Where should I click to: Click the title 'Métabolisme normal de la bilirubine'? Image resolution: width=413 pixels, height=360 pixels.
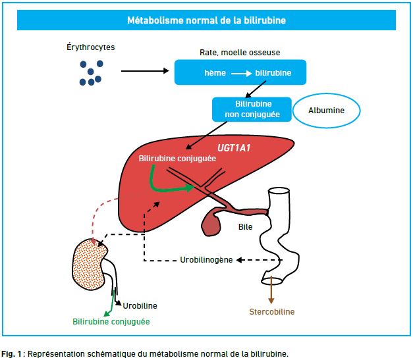tap(207, 20)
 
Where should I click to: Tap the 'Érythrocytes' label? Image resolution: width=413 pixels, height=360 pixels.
tap(91, 47)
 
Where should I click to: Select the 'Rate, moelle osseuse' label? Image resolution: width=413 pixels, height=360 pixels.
tap(240, 53)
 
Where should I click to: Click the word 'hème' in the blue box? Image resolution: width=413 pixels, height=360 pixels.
tap(215, 73)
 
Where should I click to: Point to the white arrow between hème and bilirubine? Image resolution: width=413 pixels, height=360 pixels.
tap(241, 74)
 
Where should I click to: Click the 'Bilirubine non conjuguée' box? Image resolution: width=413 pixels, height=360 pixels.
tap(252, 109)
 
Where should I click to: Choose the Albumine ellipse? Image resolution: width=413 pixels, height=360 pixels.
tap(326, 111)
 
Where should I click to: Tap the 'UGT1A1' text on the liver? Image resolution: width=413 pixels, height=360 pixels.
tap(234, 148)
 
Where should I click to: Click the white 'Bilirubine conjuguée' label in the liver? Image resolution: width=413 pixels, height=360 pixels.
tap(177, 159)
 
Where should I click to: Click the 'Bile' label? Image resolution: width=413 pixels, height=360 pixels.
tap(245, 227)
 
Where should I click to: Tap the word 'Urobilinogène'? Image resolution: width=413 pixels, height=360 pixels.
tap(206, 260)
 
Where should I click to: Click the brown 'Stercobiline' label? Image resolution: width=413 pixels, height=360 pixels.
tap(272, 312)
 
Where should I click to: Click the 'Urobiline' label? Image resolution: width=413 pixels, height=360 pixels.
tap(140, 306)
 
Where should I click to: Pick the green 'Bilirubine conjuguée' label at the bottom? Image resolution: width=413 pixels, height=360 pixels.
tap(111, 322)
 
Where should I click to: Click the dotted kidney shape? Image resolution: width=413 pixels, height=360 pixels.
tap(89, 265)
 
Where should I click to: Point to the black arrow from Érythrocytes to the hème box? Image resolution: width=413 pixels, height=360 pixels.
tap(145, 71)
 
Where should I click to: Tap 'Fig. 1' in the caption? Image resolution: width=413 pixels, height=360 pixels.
tap(11, 354)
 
